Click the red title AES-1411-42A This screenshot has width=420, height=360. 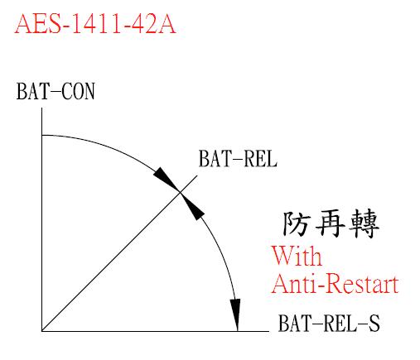(x=95, y=24)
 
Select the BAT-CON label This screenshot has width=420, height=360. (x=56, y=91)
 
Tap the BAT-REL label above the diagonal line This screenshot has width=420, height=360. (x=238, y=159)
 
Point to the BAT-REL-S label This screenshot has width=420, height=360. (x=329, y=323)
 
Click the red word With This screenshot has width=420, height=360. (x=297, y=256)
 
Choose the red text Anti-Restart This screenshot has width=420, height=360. (x=336, y=284)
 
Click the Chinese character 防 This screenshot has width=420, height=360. (x=296, y=223)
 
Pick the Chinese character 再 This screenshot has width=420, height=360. (x=330, y=223)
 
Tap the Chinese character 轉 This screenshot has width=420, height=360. (x=364, y=223)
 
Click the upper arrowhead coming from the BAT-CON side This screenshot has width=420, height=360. (x=167, y=179)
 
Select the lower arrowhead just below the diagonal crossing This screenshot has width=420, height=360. (x=192, y=206)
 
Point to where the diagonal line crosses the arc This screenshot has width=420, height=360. (x=181, y=192)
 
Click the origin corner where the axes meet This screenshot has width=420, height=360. (x=41, y=331)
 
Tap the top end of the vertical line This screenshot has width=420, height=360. (x=41, y=108)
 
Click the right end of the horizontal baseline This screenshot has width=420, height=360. (x=268, y=331)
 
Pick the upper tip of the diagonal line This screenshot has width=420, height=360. (x=198, y=175)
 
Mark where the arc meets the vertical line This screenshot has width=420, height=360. (x=41, y=135)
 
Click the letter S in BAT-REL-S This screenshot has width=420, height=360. (x=374, y=323)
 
